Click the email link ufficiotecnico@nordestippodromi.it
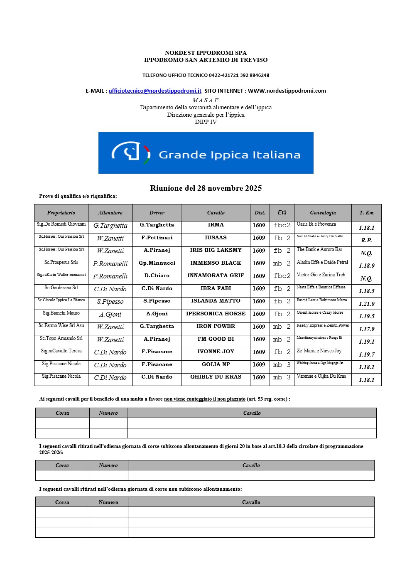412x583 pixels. pyautogui.click(x=155, y=91)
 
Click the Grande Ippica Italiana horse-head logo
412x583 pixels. pyautogui.click(x=131, y=153)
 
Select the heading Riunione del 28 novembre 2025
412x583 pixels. pyautogui.click(x=206, y=188)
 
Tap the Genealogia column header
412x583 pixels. pyautogui.click(x=323, y=213)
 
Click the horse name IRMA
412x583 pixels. pyautogui.click(x=216, y=225)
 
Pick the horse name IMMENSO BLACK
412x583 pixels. pyautogui.click(x=216, y=263)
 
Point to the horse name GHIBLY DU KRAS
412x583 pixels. pyautogui.click(x=216, y=377)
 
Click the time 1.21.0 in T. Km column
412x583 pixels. pyautogui.click(x=366, y=304)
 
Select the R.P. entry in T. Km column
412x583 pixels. pyautogui.click(x=366, y=240)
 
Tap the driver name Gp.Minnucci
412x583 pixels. pyautogui.click(x=157, y=263)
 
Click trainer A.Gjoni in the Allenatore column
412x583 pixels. pyautogui.click(x=110, y=315)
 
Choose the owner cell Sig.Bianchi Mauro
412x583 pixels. pyautogui.click(x=61, y=313)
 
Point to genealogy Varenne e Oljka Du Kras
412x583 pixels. pyautogui.click(x=321, y=376)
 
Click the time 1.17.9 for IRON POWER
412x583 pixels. pyautogui.click(x=366, y=329)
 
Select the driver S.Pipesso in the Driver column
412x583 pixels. pyautogui.click(x=157, y=301)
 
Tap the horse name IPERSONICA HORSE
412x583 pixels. pyautogui.click(x=216, y=314)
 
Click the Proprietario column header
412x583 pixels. pyautogui.click(x=61, y=213)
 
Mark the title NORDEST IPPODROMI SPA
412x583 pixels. pyautogui.click(x=206, y=53)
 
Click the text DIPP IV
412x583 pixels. pyautogui.click(x=206, y=122)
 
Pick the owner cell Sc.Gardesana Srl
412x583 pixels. pyautogui.click(x=61, y=288)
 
